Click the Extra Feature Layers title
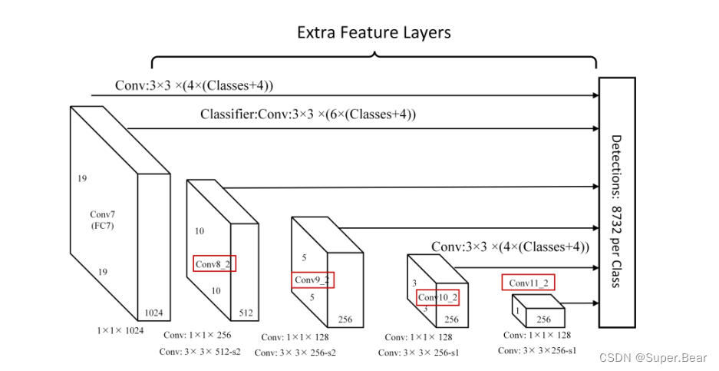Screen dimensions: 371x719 (374, 32)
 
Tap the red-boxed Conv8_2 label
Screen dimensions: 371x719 (214, 264)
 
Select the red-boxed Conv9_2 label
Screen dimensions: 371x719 (313, 280)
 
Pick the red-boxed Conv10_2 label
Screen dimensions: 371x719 (438, 297)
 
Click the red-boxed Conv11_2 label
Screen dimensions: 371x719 (528, 283)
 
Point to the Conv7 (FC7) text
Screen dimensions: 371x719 (102, 220)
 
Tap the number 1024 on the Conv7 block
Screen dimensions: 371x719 (153, 313)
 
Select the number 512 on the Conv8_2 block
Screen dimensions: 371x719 (246, 313)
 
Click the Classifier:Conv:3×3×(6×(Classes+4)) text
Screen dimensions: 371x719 (308, 115)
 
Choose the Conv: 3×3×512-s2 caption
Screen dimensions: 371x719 (200, 352)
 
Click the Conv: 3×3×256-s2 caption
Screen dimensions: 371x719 (295, 353)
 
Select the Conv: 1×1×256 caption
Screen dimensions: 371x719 (197, 335)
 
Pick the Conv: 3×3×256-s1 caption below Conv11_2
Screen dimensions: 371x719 (537, 351)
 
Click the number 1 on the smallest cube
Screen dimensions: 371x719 (518, 312)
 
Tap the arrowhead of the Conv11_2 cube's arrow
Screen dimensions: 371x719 (595, 303)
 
